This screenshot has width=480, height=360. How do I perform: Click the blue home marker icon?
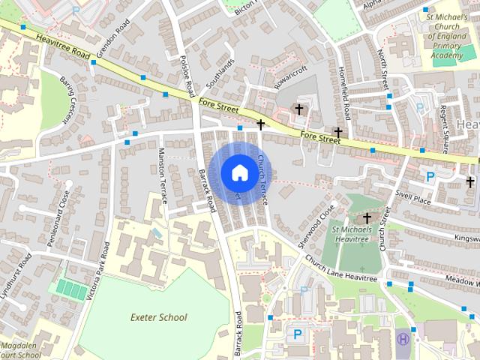click(x=238, y=172)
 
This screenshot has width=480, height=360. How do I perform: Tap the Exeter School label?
click(x=157, y=317)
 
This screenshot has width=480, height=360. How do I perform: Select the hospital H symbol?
click(x=403, y=339)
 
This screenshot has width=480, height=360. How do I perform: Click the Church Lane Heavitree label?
click(x=340, y=268)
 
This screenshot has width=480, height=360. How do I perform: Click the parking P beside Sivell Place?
click(x=430, y=177)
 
